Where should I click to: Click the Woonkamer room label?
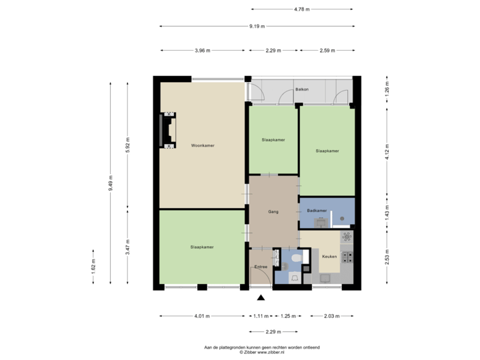[x=202, y=145]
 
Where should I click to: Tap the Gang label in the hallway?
[x=273, y=212]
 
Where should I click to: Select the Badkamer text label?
[x=317, y=211]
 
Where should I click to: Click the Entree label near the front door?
[x=261, y=267]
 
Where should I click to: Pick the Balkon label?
[x=301, y=89]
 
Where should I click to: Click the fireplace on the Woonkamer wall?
[x=167, y=131]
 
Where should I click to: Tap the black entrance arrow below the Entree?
[x=261, y=298]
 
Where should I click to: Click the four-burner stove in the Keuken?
[x=347, y=256]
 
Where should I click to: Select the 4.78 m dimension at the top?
[x=302, y=9]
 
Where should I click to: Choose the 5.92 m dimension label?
[x=128, y=145]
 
